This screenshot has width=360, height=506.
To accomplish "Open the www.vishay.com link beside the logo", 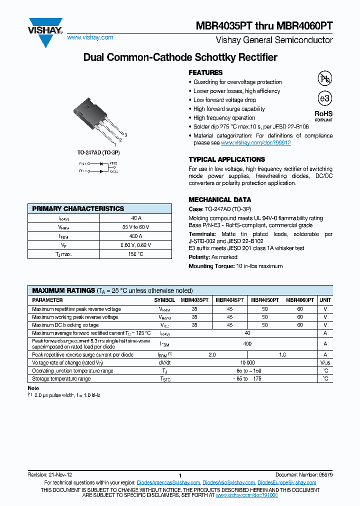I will (90, 37).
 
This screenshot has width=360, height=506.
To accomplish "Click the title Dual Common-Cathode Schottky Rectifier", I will (180, 57).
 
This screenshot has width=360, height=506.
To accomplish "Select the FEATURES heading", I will (205, 72).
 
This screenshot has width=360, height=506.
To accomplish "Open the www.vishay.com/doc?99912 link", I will (255, 143).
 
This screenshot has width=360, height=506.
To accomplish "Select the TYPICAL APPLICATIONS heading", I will (226, 159).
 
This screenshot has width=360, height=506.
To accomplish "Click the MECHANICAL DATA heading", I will (219, 199).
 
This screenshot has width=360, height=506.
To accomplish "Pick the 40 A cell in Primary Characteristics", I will (136, 218).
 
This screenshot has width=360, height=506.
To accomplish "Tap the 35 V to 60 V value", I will (136, 227).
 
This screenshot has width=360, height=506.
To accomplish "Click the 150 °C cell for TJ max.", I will (136, 254).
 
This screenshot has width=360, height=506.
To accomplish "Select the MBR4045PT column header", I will (229, 300).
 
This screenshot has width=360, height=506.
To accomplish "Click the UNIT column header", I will (325, 300).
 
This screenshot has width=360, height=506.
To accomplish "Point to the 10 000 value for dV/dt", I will (247, 362).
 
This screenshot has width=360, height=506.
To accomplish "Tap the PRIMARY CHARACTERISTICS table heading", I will (78, 208).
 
